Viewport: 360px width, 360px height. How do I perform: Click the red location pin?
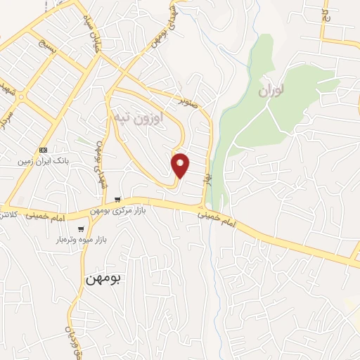coord(181,165)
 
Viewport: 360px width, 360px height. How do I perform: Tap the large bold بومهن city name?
coord(103,278)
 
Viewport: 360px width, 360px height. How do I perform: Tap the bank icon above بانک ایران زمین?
coord(44,150)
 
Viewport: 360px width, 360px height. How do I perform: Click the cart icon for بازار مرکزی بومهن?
coord(117,200)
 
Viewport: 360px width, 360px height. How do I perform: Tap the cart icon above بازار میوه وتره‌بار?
coord(82,229)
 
